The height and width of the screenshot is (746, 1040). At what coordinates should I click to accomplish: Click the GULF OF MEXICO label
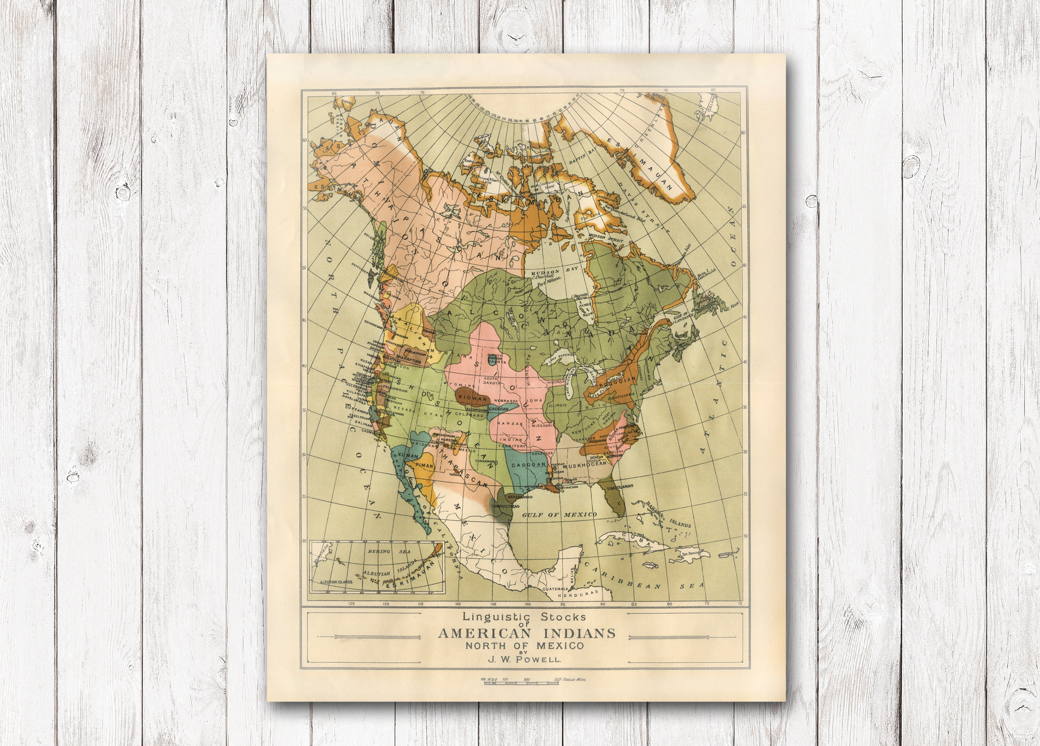559,515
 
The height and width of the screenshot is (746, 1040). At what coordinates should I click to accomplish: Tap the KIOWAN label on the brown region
472,399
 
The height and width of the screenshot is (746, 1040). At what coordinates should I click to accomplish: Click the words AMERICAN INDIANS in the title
526,634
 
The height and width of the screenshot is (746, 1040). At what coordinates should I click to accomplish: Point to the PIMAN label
424,465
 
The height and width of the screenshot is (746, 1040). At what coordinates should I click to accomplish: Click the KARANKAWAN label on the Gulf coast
520,497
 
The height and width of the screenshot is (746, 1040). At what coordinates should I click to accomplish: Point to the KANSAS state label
510,424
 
